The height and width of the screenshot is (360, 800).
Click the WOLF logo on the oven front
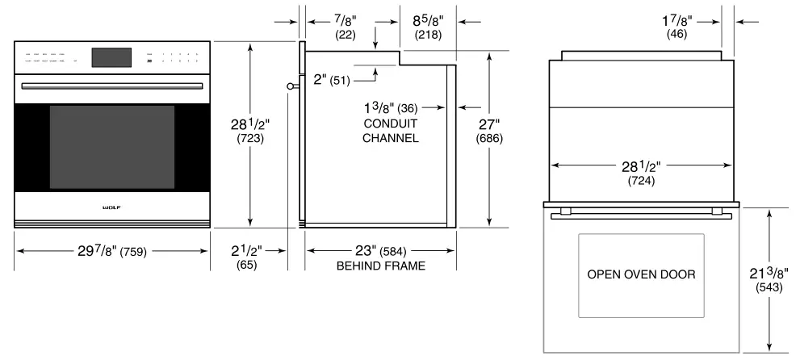click(x=112, y=207)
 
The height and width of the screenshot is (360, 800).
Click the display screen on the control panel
click(x=112, y=57)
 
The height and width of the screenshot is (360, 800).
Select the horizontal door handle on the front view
click(x=112, y=84)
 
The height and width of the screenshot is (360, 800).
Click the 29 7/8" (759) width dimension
click(x=112, y=250)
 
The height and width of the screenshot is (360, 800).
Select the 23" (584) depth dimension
click(x=379, y=250)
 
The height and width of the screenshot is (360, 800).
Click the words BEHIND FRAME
click(x=379, y=265)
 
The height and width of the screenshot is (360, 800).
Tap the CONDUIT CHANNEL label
click(x=389, y=131)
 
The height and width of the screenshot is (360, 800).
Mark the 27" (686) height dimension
click(x=509, y=132)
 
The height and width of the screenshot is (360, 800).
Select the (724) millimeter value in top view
click(x=643, y=181)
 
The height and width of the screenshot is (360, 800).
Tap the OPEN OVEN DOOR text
click(x=641, y=274)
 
